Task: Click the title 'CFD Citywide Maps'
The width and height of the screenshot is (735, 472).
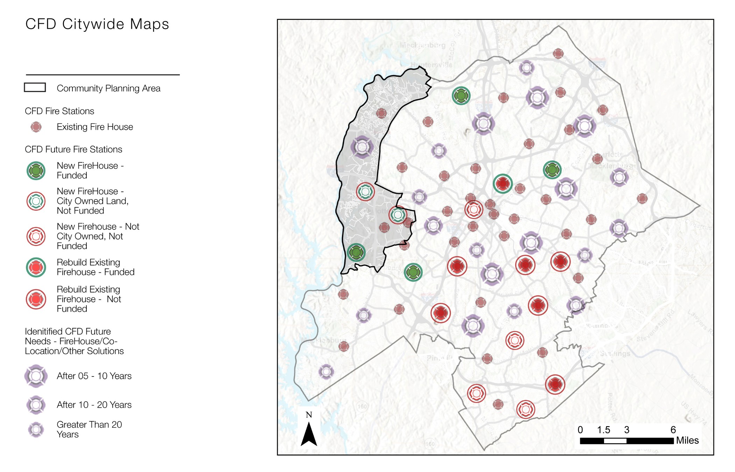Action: [x=97, y=24]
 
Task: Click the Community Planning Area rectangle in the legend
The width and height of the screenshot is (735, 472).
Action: [x=35, y=87]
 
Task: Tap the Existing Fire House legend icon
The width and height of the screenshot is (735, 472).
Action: [x=36, y=127]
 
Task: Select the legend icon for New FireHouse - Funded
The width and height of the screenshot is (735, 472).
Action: [x=36, y=171]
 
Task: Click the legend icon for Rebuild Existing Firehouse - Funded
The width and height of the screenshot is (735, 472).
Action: [x=36, y=267]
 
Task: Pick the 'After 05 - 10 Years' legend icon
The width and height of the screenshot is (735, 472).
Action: [x=36, y=376]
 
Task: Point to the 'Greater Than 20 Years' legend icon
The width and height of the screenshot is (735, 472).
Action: [x=36, y=429]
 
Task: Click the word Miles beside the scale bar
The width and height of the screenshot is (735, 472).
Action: [x=687, y=441]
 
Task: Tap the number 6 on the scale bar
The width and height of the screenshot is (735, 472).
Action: [x=673, y=430]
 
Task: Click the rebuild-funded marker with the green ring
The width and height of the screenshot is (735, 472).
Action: [x=503, y=183]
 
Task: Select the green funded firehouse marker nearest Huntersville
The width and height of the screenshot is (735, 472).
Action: [x=461, y=96]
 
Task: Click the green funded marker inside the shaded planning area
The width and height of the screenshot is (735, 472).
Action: [x=356, y=252]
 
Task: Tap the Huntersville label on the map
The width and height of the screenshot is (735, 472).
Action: [x=431, y=65]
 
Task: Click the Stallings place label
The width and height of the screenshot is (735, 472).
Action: [x=615, y=354]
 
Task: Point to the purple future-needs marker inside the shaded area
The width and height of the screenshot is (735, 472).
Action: [x=362, y=147]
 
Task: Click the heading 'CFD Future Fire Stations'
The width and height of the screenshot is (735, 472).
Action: [x=73, y=149]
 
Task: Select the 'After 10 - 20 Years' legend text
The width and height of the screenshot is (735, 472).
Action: [x=94, y=405]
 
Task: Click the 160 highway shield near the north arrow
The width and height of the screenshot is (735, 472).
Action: [x=362, y=406]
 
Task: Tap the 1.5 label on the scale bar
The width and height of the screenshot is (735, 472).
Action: [x=603, y=430]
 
